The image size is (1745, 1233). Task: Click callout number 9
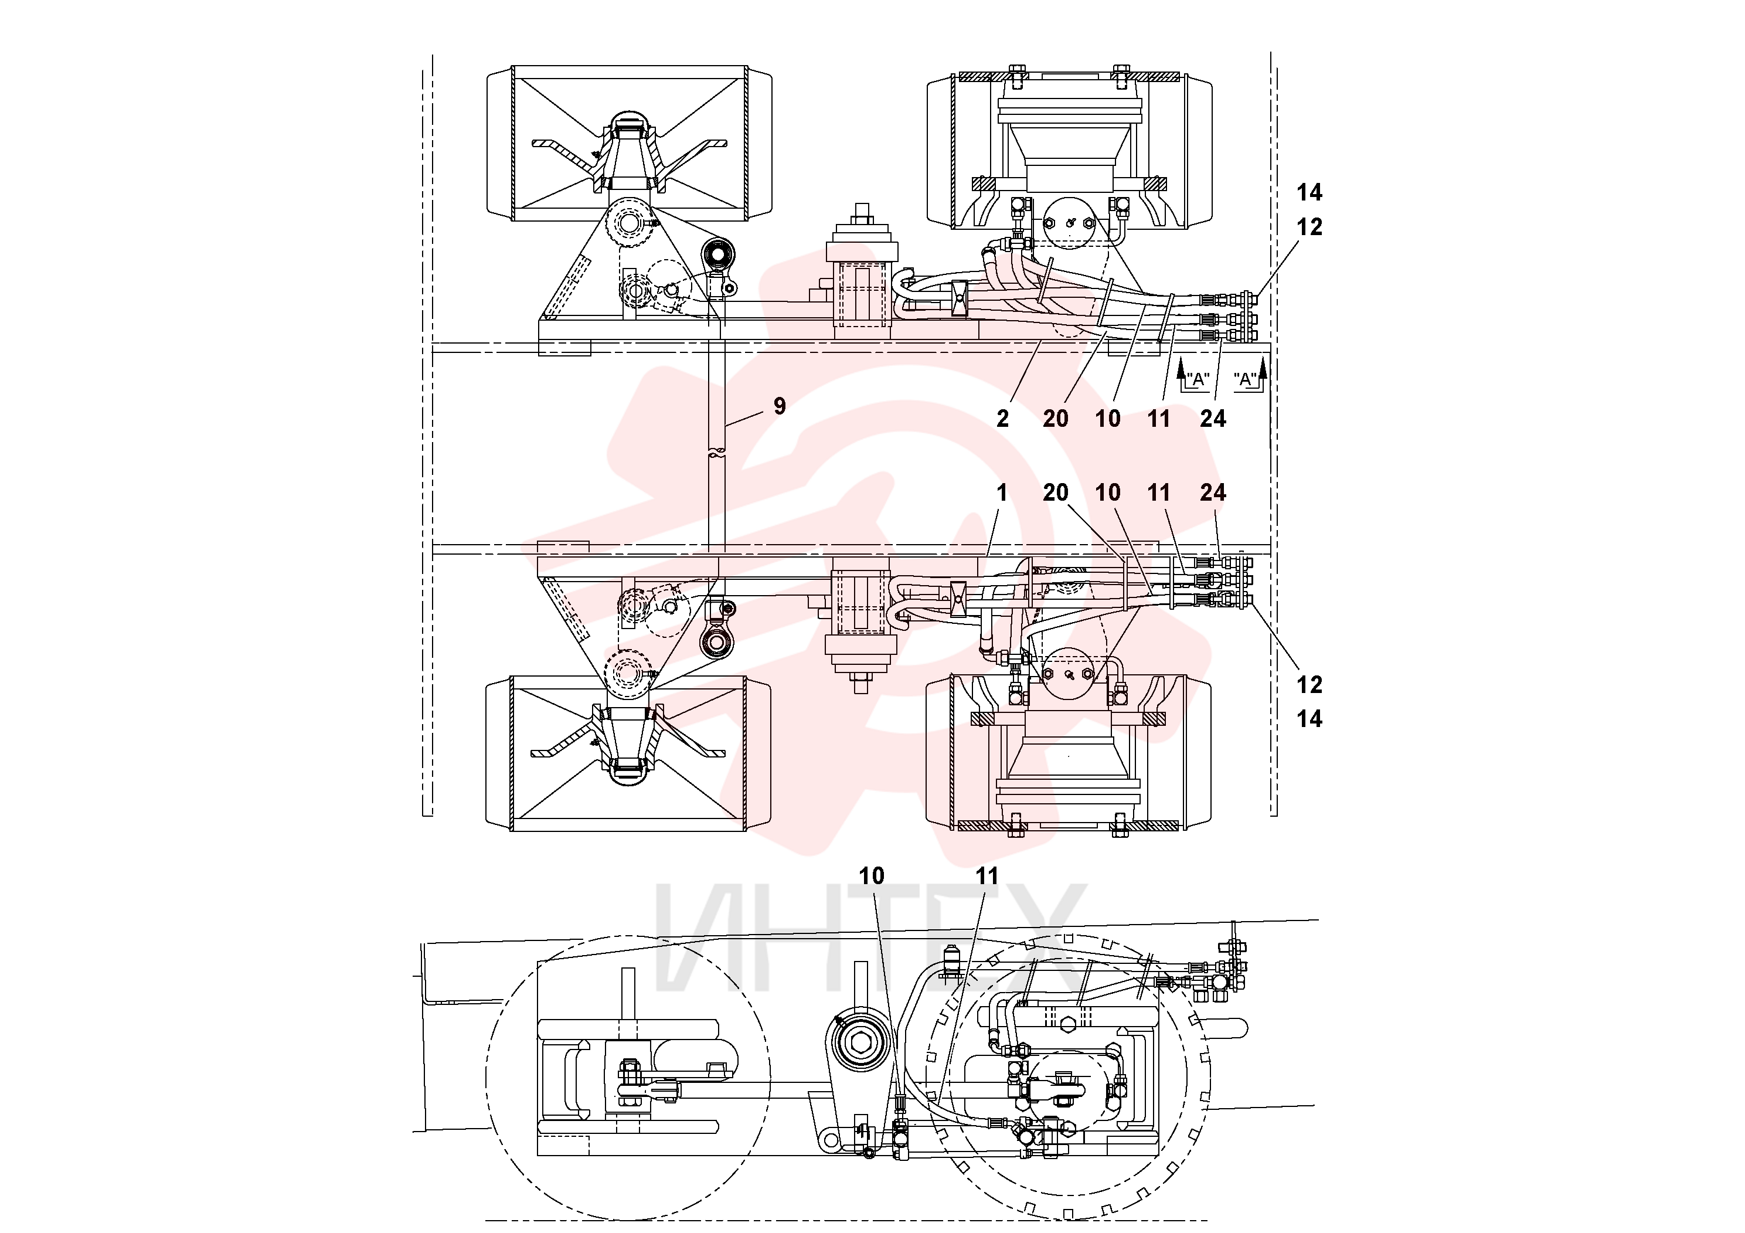[779, 407]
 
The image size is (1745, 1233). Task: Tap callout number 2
[1002, 419]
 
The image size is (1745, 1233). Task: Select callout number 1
[1002, 492]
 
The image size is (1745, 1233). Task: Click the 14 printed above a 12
[1309, 192]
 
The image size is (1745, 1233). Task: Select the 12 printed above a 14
[1309, 685]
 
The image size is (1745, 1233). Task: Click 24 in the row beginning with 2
[1213, 419]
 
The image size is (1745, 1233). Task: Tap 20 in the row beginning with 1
[1056, 492]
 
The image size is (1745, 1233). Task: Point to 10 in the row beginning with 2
[1108, 419]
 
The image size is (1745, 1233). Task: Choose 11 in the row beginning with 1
[1159, 492]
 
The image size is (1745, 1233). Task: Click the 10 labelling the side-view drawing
[872, 877]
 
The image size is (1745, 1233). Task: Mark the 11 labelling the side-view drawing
[987, 877]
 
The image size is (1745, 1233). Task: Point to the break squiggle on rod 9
[715, 454]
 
